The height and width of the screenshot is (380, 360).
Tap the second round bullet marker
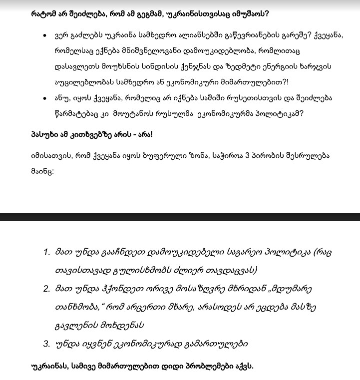(x=45, y=99)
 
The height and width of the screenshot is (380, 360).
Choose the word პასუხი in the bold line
(x=45, y=134)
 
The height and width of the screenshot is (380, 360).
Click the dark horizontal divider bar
(x=180, y=217)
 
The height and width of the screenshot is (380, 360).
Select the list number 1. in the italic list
(x=46, y=252)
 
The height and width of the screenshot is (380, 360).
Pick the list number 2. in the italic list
(x=46, y=289)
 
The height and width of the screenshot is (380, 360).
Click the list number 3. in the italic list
(x=46, y=344)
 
